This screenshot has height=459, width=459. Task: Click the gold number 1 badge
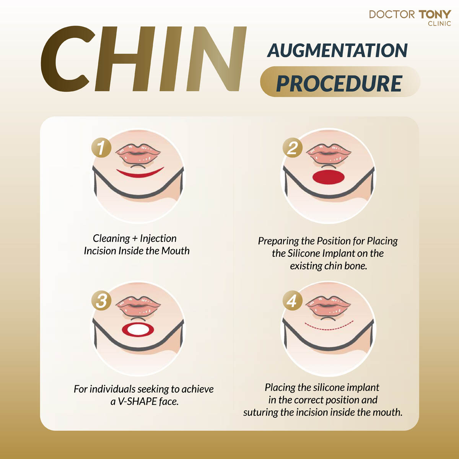click(x=101, y=148)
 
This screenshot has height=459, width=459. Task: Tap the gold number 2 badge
click(x=292, y=148)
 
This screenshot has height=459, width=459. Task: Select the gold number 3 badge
click(x=101, y=301)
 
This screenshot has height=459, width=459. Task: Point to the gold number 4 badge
click(x=292, y=301)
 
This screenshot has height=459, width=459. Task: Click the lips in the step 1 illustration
click(x=138, y=154)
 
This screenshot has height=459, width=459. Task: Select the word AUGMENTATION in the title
click(x=337, y=50)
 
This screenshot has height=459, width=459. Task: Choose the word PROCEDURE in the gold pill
click(x=339, y=83)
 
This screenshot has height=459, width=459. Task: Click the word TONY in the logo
click(x=435, y=15)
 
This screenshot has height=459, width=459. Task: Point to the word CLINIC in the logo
click(x=439, y=24)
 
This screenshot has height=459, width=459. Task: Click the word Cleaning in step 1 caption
click(x=111, y=239)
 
